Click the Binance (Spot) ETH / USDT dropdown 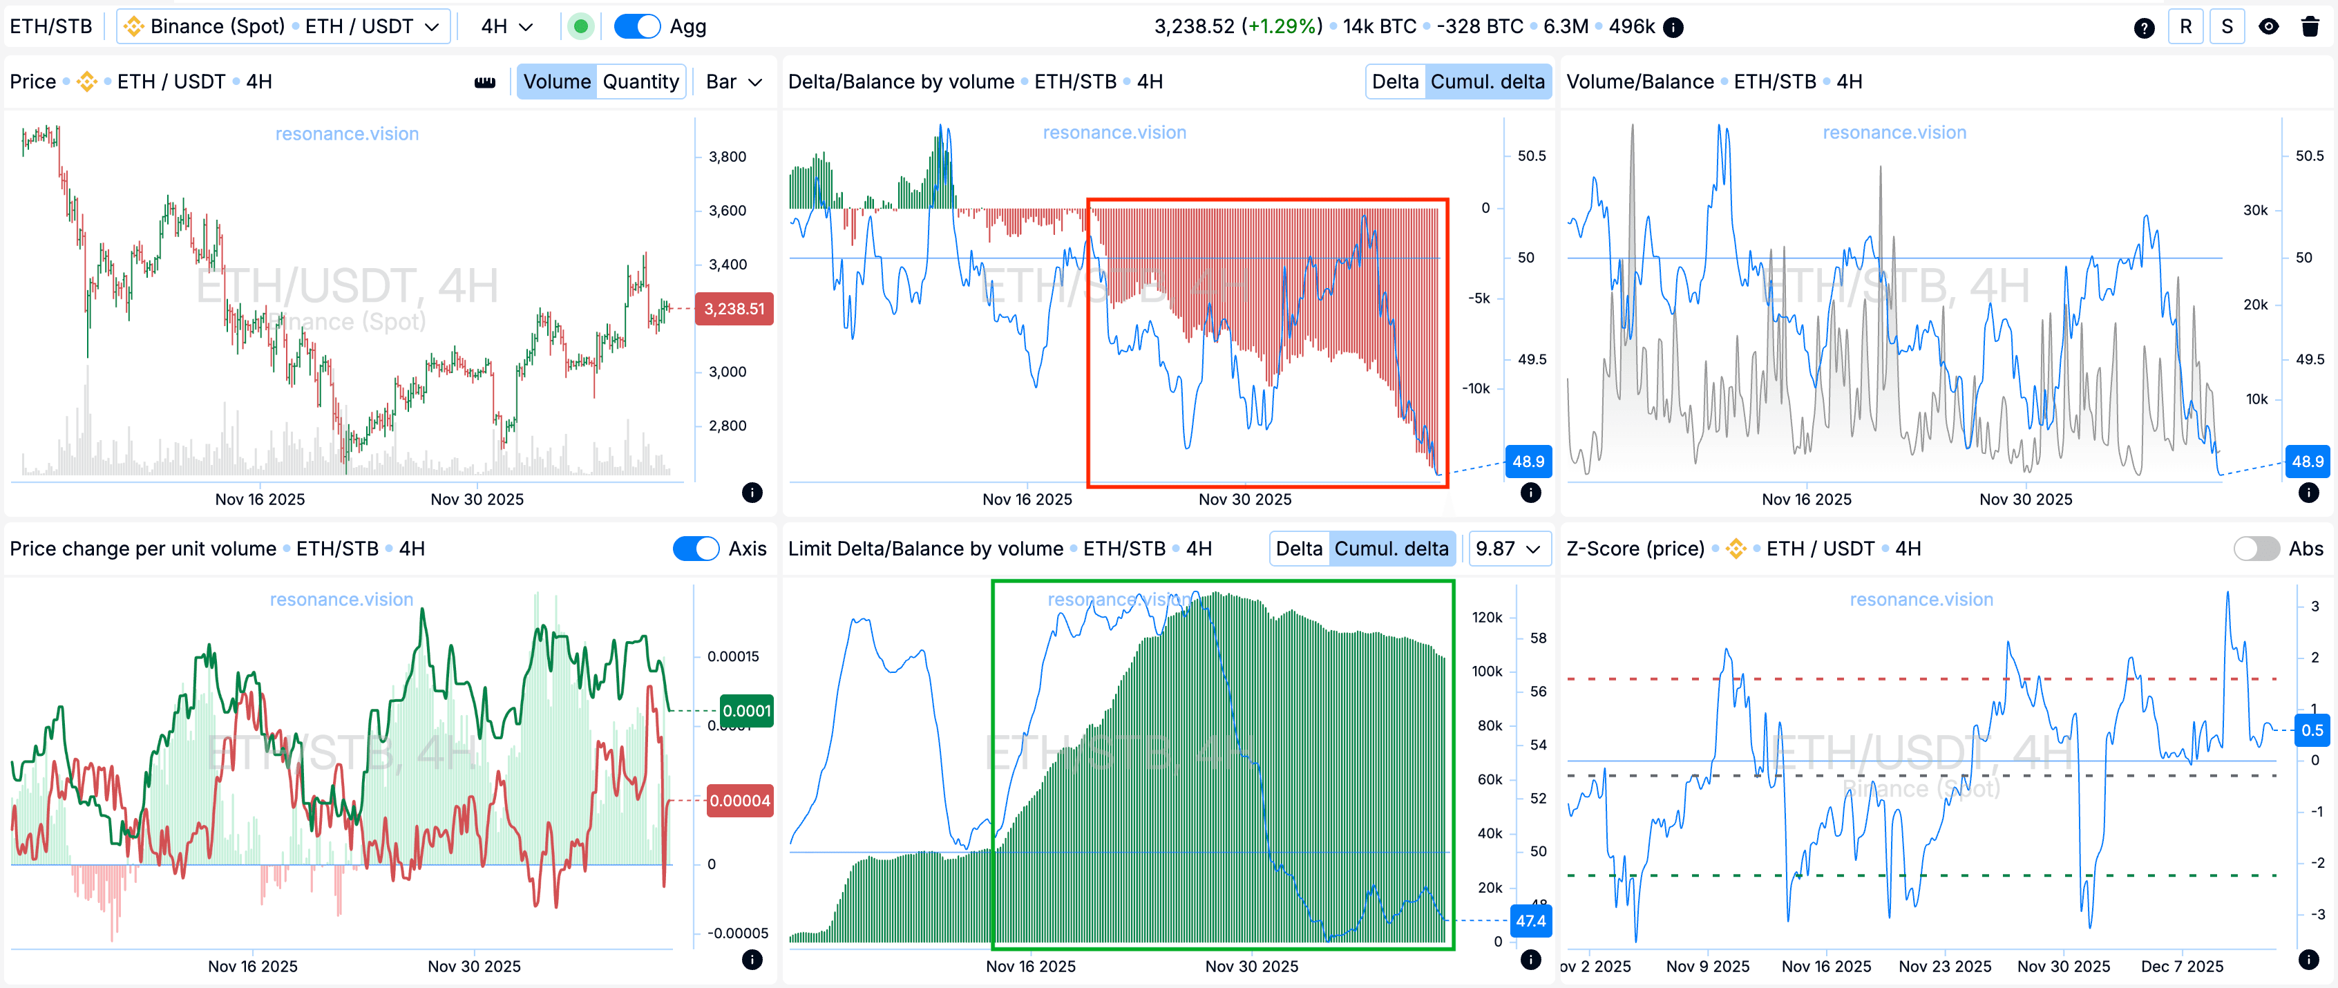(x=283, y=26)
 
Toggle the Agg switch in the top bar (x=636, y=26)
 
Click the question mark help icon (x=2144, y=27)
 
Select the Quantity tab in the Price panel (x=640, y=82)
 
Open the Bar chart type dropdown (x=733, y=82)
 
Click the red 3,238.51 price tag (x=733, y=308)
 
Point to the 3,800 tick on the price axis (x=727, y=157)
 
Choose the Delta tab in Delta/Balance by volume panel (x=1394, y=82)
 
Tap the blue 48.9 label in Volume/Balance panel (x=2307, y=461)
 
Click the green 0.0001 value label (x=746, y=710)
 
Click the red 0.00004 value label (x=740, y=800)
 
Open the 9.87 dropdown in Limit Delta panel (x=1508, y=549)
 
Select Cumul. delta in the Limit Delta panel (x=1391, y=549)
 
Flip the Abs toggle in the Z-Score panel (x=2256, y=549)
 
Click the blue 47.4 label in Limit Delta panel (x=1530, y=921)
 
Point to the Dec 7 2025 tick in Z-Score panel (x=2182, y=966)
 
